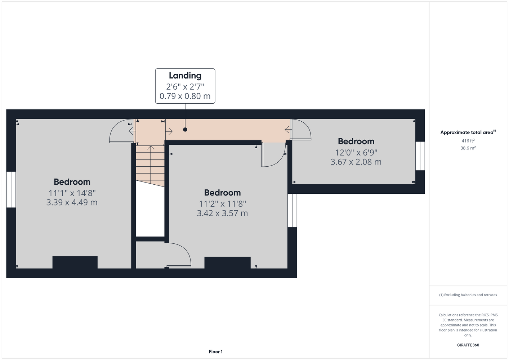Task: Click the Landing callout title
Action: pyautogui.click(x=185, y=76)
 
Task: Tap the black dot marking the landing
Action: pyautogui.click(x=185, y=130)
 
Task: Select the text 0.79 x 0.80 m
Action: pyautogui.click(x=185, y=96)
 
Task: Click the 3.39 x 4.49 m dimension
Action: pyautogui.click(x=72, y=202)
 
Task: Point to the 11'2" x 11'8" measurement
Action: pyautogui.click(x=223, y=204)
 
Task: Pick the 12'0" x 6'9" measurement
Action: pyautogui.click(x=356, y=152)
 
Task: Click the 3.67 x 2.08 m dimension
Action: pyautogui.click(x=356, y=162)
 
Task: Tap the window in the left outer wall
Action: pyautogui.click(x=11, y=190)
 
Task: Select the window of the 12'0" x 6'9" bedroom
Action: pyautogui.click(x=420, y=156)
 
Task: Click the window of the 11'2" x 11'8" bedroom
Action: pyautogui.click(x=292, y=210)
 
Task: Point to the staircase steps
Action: pyautogui.click(x=150, y=166)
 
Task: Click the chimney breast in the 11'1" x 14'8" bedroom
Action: pyautogui.click(x=75, y=262)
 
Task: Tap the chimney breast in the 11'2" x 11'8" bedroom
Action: pyautogui.click(x=227, y=262)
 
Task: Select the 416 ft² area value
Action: pyautogui.click(x=468, y=141)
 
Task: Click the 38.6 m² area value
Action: pyautogui.click(x=468, y=148)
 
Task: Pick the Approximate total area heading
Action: pyautogui.click(x=468, y=132)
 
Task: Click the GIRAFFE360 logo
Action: pyautogui.click(x=468, y=345)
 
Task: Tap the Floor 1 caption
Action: pyautogui.click(x=216, y=352)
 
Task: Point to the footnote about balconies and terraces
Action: pyautogui.click(x=468, y=295)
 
